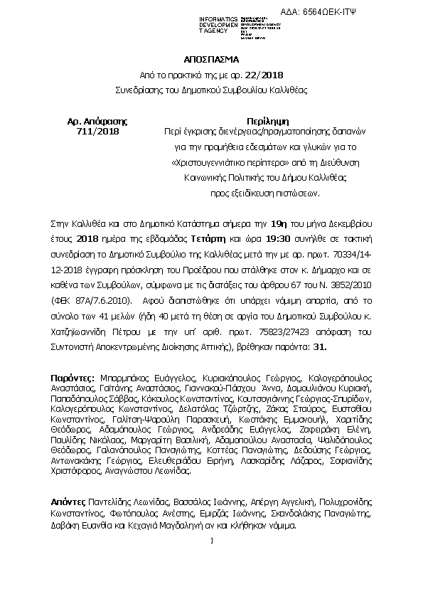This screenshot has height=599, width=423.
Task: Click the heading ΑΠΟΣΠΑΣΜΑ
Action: click(x=211, y=60)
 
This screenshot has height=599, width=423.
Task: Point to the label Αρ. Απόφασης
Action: click(x=97, y=120)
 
